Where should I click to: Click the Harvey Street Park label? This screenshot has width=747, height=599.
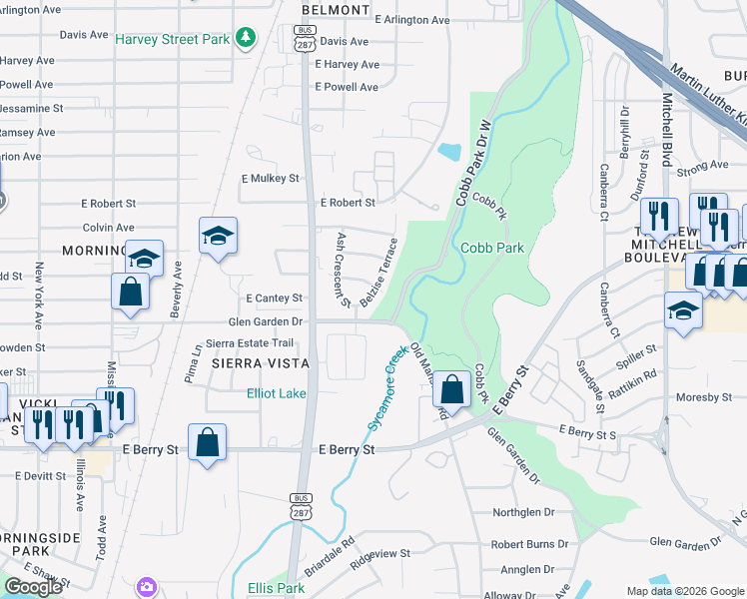click(172, 40)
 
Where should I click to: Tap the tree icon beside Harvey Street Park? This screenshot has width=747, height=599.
click(244, 39)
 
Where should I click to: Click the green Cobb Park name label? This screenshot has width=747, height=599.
click(491, 248)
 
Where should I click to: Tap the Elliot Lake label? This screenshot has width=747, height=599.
click(277, 393)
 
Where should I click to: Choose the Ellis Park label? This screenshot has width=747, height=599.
click(276, 588)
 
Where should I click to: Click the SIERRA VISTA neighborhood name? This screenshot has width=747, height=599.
click(260, 365)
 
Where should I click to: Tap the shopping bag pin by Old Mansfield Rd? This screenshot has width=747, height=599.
click(452, 390)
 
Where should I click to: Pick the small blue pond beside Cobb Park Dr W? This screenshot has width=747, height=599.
click(449, 153)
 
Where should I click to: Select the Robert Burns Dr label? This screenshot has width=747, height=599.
click(529, 545)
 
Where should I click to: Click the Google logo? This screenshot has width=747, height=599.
click(33, 587)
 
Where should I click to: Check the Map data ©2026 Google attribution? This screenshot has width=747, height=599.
click(685, 591)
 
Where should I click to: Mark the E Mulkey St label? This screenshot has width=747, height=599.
click(271, 178)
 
